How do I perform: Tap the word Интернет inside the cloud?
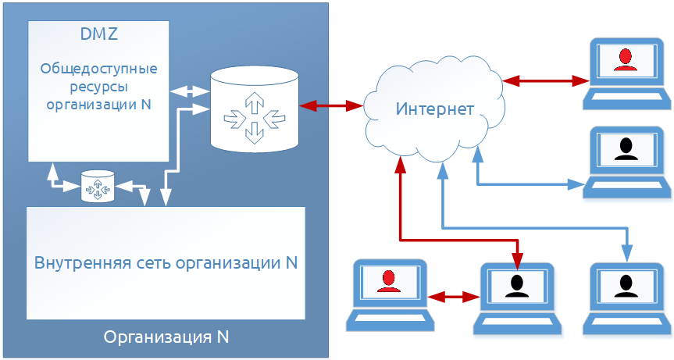[434, 109]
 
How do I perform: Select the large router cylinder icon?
[255, 109]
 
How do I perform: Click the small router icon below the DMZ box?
[98, 187]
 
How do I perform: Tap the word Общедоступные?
[98, 68]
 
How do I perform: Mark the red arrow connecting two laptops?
[454, 297]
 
